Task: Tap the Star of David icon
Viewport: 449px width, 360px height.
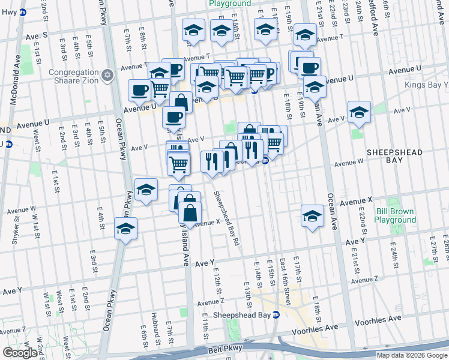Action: point(107,75)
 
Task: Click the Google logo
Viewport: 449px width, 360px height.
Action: point(20,353)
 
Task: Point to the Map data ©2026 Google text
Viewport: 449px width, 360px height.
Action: point(411,355)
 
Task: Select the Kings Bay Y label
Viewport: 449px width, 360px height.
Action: point(426,85)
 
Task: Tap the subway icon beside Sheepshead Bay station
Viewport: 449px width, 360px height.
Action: point(276,315)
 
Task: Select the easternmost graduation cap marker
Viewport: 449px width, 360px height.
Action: point(359,112)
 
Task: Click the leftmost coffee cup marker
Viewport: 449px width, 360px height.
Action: point(139,91)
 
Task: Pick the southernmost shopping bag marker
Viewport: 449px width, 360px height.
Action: point(190,213)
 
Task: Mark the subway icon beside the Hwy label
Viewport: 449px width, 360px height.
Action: point(22,12)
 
